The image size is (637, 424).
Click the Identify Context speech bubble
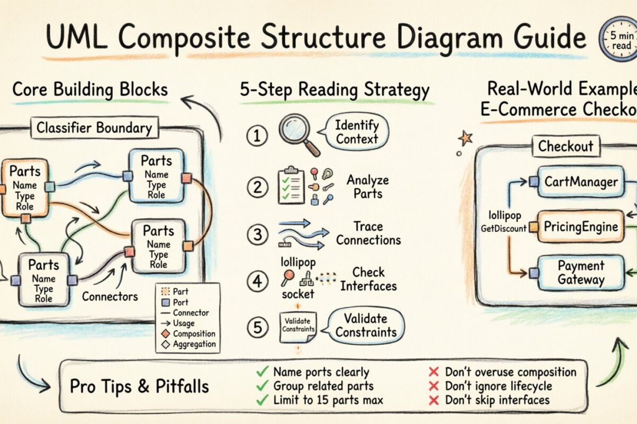point(356,132)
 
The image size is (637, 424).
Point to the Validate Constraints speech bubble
point(366,325)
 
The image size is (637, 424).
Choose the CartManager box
point(581,182)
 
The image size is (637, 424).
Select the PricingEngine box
point(581,227)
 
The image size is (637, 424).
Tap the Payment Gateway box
point(581,272)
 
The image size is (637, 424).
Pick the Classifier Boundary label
point(93,128)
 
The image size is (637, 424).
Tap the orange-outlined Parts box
point(25,188)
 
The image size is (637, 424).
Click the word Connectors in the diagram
point(110,296)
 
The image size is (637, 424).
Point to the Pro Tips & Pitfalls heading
point(140,386)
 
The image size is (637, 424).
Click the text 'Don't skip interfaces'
point(497,400)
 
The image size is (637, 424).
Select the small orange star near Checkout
point(465,139)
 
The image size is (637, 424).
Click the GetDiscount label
point(503,228)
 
